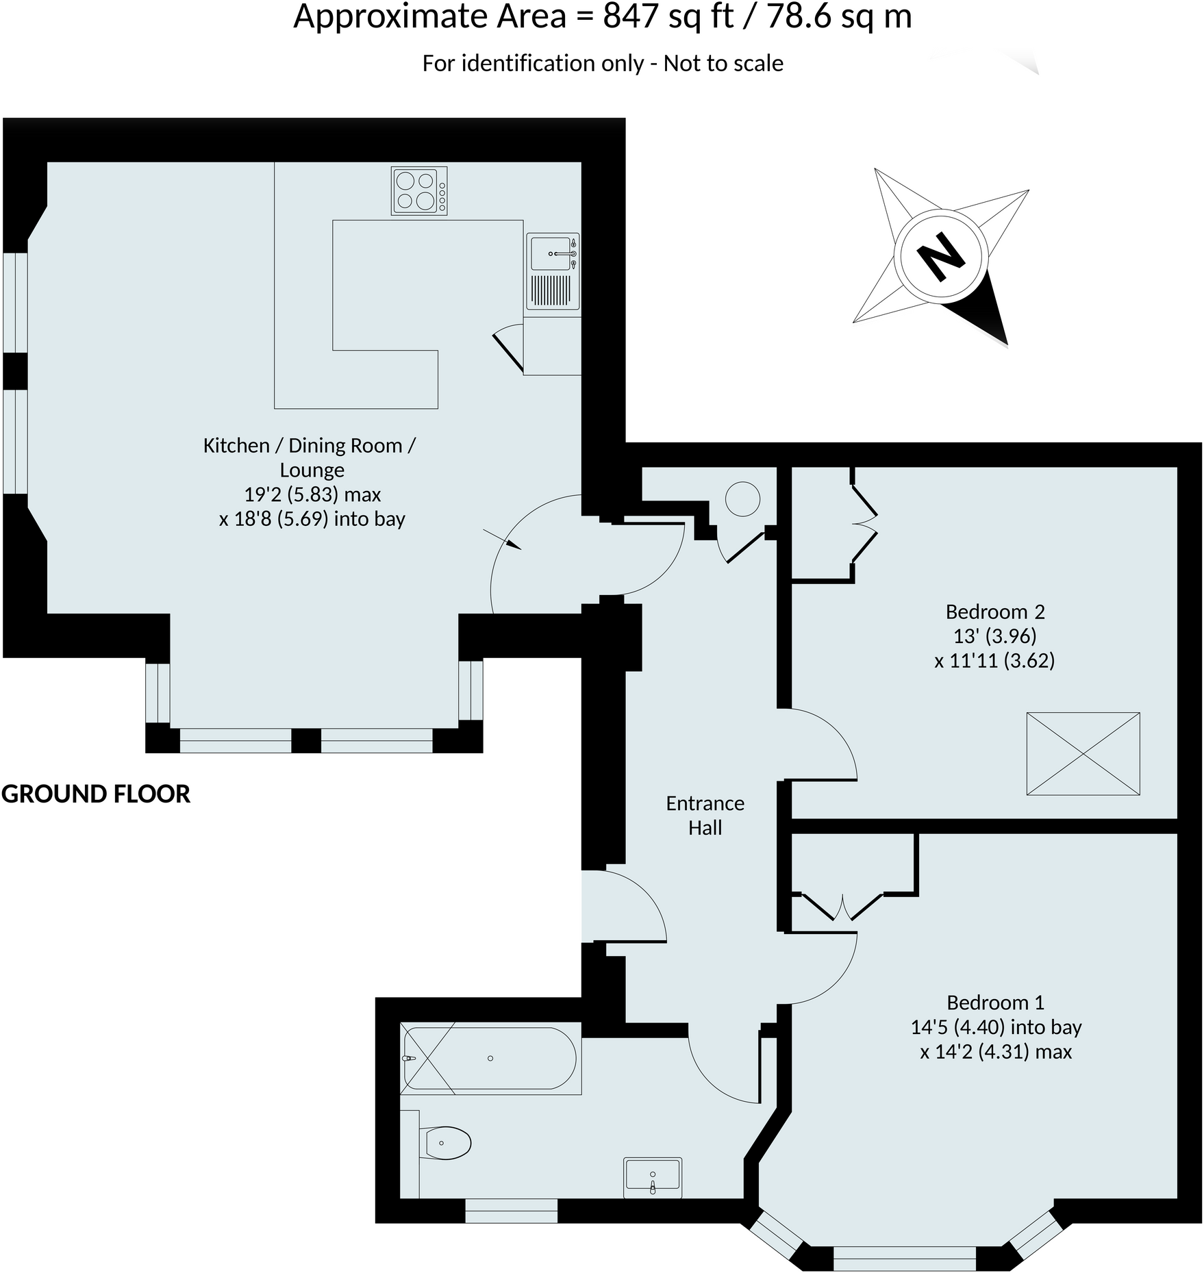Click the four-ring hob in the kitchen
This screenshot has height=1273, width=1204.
coord(418,190)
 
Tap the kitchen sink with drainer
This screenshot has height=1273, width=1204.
coord(553,271)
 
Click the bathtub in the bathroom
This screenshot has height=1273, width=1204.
coord(490,1058)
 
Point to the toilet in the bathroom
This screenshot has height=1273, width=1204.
coord(447,1143)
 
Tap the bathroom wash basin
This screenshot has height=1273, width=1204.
coord(652,1177)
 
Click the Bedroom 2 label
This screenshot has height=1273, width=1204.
coord(994,612)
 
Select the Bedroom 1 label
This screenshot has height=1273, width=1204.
coord(994,1003)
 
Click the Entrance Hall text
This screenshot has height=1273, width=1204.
coord(705,815)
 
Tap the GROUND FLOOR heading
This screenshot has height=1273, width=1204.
coord(96,794)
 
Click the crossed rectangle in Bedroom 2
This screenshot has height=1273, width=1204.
coord(1083,753)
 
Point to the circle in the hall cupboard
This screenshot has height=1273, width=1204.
coord(742,499)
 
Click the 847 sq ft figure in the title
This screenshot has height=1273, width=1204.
coord(668,16)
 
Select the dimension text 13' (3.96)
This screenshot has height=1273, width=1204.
coord(994,636)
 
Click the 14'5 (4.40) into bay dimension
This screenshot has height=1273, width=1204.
coord(995,1027)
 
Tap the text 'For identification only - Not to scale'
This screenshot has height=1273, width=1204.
coord(602,63)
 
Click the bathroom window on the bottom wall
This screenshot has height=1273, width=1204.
coord(511,1210)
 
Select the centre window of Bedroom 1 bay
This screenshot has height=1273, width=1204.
coord(904,1257)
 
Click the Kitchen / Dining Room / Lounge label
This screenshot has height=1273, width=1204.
coord(310,457)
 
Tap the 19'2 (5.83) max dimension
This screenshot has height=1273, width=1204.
coord(312,494)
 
